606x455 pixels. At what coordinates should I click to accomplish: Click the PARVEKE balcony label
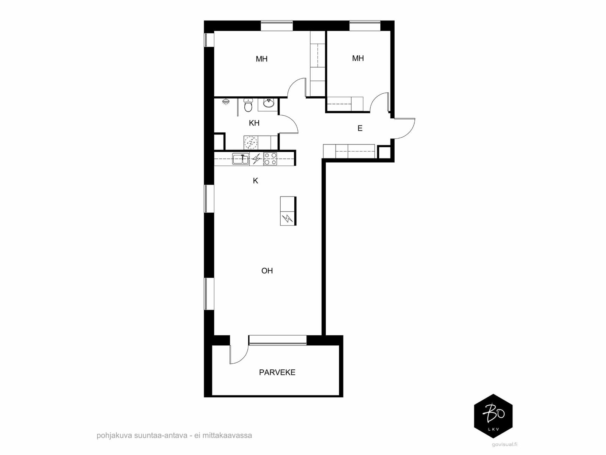(x=277, y=372)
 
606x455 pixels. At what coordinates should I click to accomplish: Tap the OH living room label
(x=267, y=271)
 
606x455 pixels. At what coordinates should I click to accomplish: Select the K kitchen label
(x=255, y=181)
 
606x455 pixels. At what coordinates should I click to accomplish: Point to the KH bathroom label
(x=254, y=123)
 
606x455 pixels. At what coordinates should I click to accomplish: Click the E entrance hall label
(x=360, y=128)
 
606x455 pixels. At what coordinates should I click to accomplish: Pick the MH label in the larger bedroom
(x=261, y=59)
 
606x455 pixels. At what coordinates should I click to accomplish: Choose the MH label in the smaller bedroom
(x=358, y=58)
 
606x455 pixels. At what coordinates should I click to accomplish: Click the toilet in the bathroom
(x=248, y=105)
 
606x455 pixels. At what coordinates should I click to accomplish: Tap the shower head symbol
(x=226, y=101)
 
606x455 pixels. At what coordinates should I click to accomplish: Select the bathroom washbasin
(x=269, y=103)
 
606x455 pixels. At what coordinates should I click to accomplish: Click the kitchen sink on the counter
(x=241, y=159)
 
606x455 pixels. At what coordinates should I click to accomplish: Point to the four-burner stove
(x=270, y=159)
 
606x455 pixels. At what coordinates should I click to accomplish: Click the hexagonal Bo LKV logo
(x=493, y=416)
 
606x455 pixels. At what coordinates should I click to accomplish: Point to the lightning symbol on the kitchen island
(x=287, y=219)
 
